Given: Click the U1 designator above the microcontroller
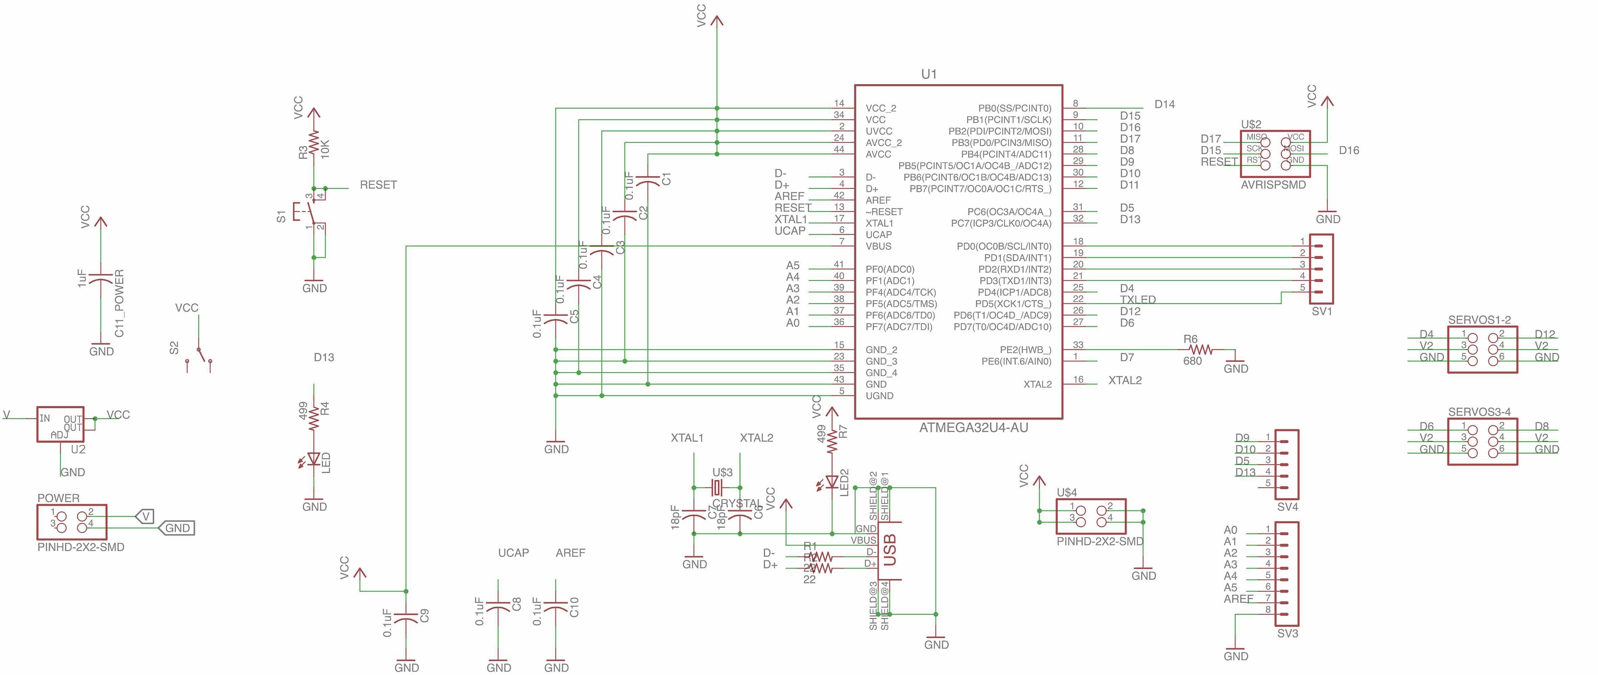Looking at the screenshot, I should coord(929,74).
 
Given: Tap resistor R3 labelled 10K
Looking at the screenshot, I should coord(314,144).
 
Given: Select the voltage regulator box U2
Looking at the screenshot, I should coord(60,425).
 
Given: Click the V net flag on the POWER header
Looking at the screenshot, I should coord(145,516).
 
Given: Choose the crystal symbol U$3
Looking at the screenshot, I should coord(717,487).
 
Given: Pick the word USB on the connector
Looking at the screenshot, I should coord(890,550).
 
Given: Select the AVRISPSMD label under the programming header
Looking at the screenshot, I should coord(1273,185).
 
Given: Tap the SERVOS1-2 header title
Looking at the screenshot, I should coord(1479,320).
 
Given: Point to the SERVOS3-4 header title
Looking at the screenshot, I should coord(1479,412).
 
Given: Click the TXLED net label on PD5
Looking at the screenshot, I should coord(1138,299).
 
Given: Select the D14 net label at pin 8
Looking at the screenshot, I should coord(1164,104).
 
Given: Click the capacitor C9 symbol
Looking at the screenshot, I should coord(406,618).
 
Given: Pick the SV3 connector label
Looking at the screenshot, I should coord(1287,633).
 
